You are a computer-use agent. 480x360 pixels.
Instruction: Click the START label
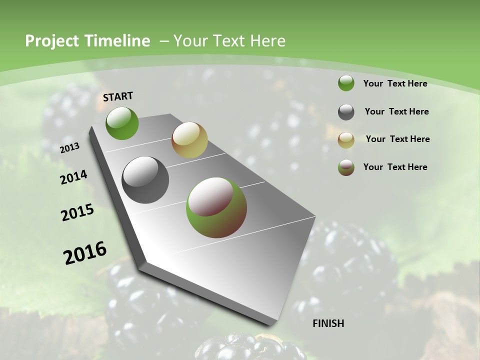pyautogui.click(x=118, y=96)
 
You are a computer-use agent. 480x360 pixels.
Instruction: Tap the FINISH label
pyautogui.click(x=328, y=323)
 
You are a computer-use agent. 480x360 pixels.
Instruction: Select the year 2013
pyautogui.click(x=70, y=147)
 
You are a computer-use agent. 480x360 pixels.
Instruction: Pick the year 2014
pyautogui.click(x=74, y=177)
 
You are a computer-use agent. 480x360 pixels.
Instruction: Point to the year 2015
pyautogui.click(x=77, y=212)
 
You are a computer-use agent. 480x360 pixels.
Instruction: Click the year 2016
pyautogui.click(x=85, y=253)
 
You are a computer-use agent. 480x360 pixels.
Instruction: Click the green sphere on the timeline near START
pyautogui.click(x=122, y=123)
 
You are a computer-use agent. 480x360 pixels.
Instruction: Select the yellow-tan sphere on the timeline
pyautogui.click(x=189, y=140)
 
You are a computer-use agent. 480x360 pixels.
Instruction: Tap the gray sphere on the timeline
pyautogui.click(x=145, y=179)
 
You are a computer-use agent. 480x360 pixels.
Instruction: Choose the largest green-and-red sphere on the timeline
pyautogui.click(x=216, y=207)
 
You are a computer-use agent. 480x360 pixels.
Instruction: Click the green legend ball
pyautogui.click(x=346, y=83)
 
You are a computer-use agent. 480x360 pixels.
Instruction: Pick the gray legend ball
pyautogui.click(x=346, y=112)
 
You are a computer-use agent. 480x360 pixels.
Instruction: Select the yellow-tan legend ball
pyautogui.click(x=346, y=139)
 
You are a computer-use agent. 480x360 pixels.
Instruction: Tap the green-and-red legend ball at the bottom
pyautogui.click(x=346, y=167)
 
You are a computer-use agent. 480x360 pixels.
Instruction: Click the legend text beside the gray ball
pyautogui.click(x=396, y=111)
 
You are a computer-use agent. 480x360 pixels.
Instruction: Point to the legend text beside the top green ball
pyautogui.click(x=395, y=83)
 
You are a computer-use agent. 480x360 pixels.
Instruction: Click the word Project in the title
pyautogui.click(x=52, y=41)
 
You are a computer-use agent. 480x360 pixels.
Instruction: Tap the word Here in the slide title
pyautogui.click(x=267, y=41)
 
